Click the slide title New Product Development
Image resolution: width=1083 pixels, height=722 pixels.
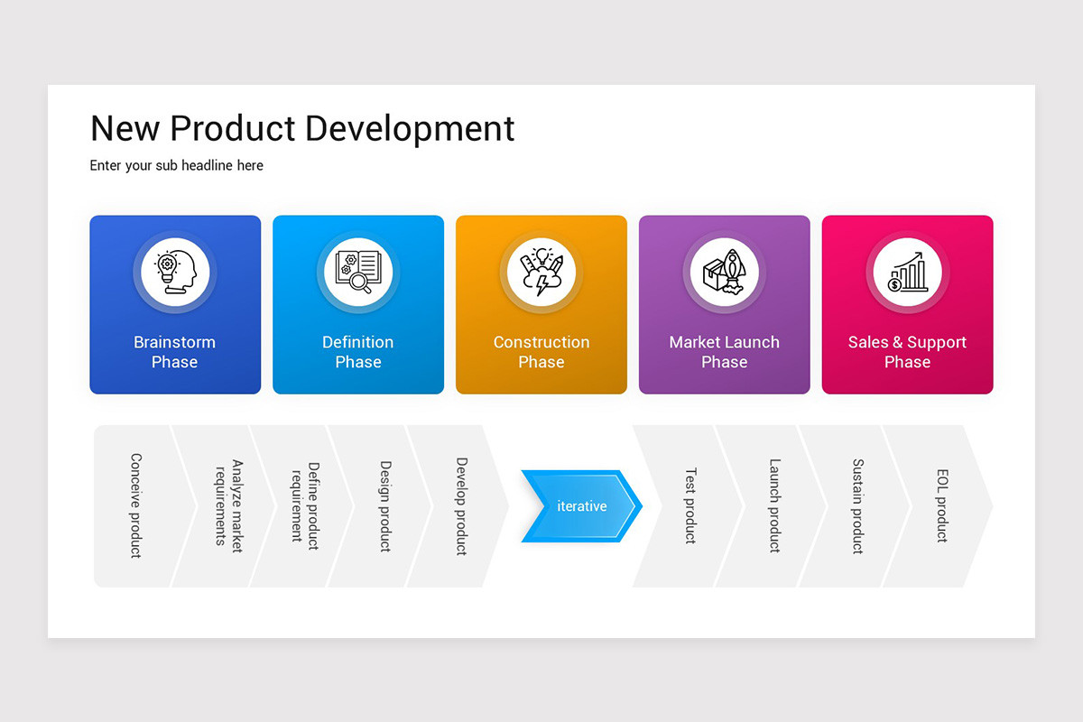pos(302,128)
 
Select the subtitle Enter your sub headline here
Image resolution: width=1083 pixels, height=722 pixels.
pos(177,166)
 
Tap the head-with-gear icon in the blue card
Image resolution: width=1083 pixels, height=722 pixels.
pos(175,272)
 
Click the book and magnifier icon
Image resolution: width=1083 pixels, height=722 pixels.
pos(358,272)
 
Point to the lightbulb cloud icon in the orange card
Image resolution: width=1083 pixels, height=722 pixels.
pos(541,272)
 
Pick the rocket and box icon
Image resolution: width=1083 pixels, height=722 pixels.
pos(724,272)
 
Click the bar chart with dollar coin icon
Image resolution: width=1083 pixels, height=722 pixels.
pos(907,272)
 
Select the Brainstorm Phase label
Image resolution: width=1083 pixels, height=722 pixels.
pos(175,352)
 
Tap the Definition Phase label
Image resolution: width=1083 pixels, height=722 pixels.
pos(358,352)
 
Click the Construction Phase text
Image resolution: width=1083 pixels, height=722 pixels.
pos(541,352)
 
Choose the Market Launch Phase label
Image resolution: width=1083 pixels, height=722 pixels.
pos(724,352)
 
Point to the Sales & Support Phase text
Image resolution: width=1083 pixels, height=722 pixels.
pos(907,352)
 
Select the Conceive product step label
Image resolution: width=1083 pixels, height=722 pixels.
pos(135,505)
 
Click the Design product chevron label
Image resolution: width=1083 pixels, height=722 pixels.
pos(384,505)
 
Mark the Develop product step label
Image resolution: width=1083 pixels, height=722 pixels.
pos(461,505)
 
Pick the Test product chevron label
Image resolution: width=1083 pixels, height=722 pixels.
pos(690,505)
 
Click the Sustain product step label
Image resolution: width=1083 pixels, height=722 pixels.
pos(858,505)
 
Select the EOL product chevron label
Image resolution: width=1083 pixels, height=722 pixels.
pos(941,505)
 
